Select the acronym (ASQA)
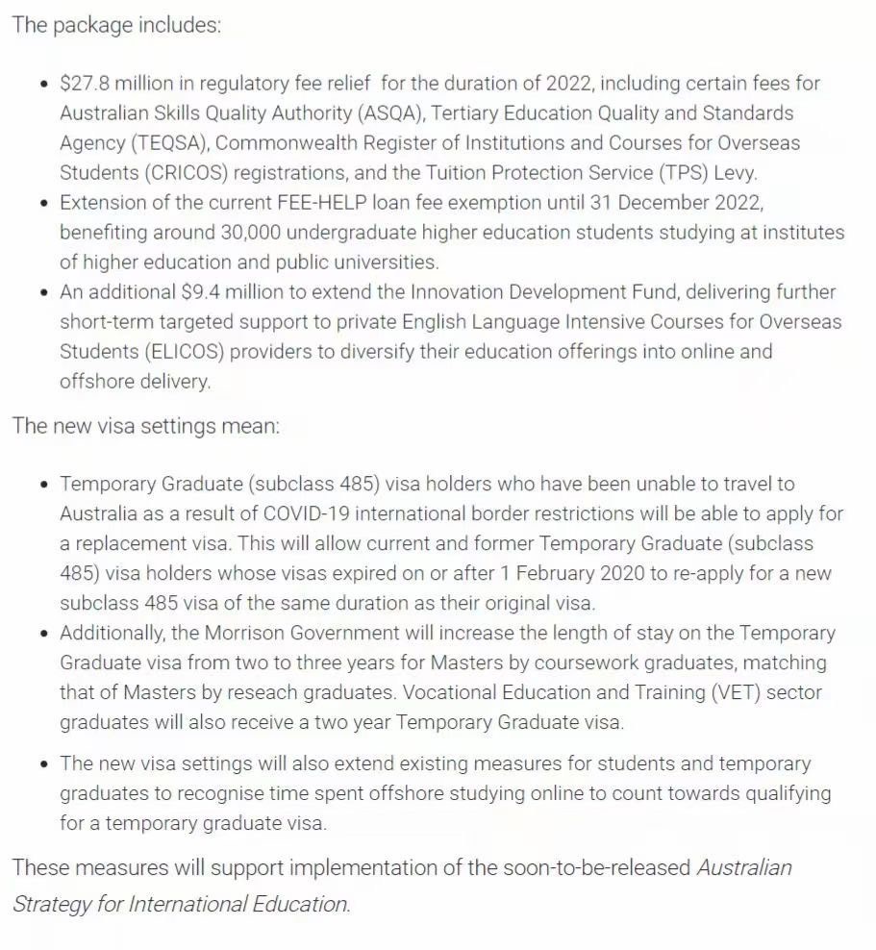tap(388, 113)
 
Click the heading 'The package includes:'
tap(116, 25)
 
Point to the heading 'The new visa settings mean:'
tap(146, 426)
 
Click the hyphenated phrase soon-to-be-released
tap(596, 867)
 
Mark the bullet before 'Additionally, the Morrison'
tap(44, 634)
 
